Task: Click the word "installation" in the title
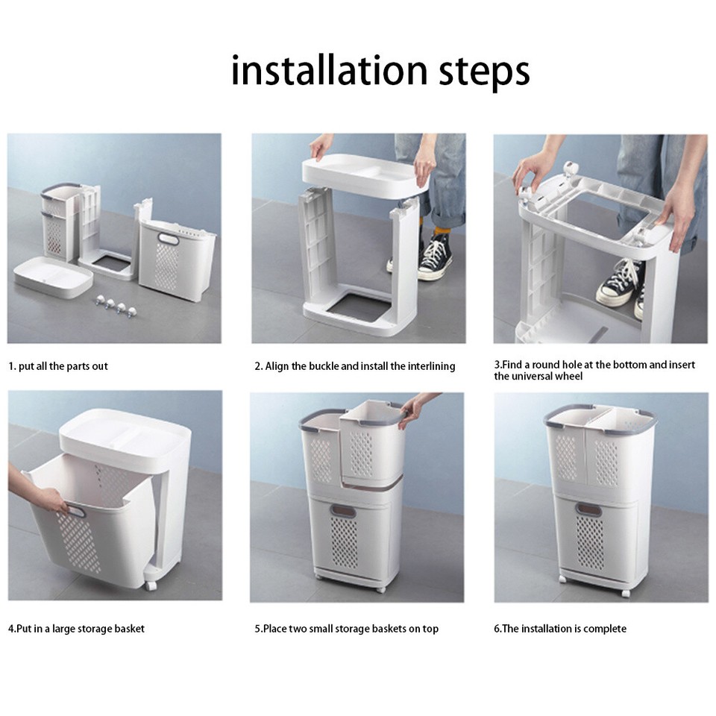click(x=329, y=71)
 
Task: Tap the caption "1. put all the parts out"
click(x=58, y=366)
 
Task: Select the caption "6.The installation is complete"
click(x=559, y=629)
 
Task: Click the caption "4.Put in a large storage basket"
click(x=76, y=629)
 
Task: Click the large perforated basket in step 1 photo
click(x=177, y=261)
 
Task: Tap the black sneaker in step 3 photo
click(x=622, y=283)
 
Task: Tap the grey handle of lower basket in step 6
click(x=588, y=510)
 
